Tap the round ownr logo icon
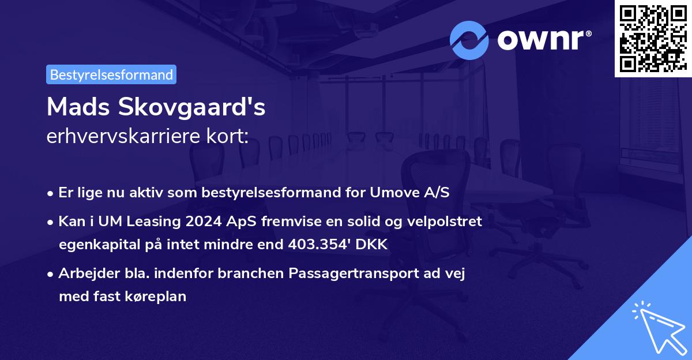click(469, 40)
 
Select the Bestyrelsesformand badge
click(111, 74)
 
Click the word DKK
click(373, 245)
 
